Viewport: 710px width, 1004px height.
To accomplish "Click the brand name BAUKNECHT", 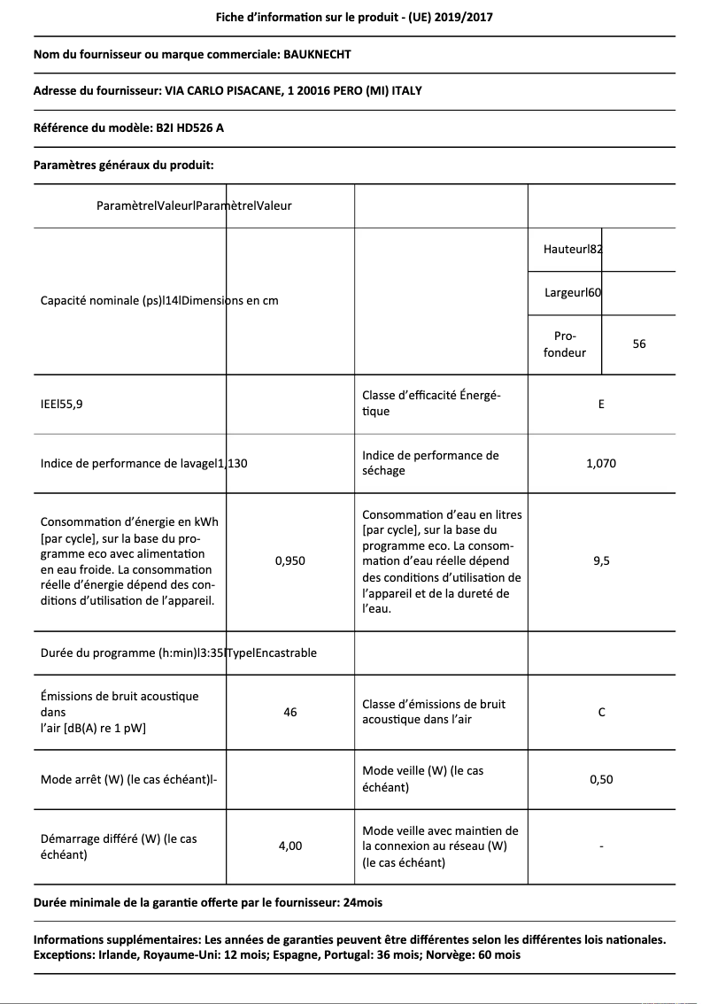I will click(x=317, y=54).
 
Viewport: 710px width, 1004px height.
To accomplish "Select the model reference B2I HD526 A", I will click(x=189, y=127).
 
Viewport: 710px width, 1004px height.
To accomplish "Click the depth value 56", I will click(x=639, y=344).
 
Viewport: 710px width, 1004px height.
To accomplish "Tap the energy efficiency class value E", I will click(x=601, y=405).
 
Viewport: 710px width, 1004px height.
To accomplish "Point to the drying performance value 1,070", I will click(x=601, y=463).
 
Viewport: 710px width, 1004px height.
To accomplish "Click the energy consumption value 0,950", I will click(x=290, y=560).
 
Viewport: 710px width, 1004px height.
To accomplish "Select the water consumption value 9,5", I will click(x=601, y=560).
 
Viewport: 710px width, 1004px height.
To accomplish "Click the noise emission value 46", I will click(x=290, y=712).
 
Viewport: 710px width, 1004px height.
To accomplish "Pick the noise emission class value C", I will click(x=601, y=712).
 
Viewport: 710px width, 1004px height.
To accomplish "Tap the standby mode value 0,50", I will click(x=601, y=779).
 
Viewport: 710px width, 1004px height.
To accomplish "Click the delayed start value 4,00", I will click(x=290, y=846).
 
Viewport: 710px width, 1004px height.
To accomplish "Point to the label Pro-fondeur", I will click(x=565, y=344).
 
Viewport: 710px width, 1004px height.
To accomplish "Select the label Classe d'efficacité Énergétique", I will click(x=431, y=404).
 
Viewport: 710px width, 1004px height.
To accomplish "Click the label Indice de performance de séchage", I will click(x=430, y=463).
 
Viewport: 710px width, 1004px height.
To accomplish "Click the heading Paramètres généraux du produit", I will click(x=123, y=165).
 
